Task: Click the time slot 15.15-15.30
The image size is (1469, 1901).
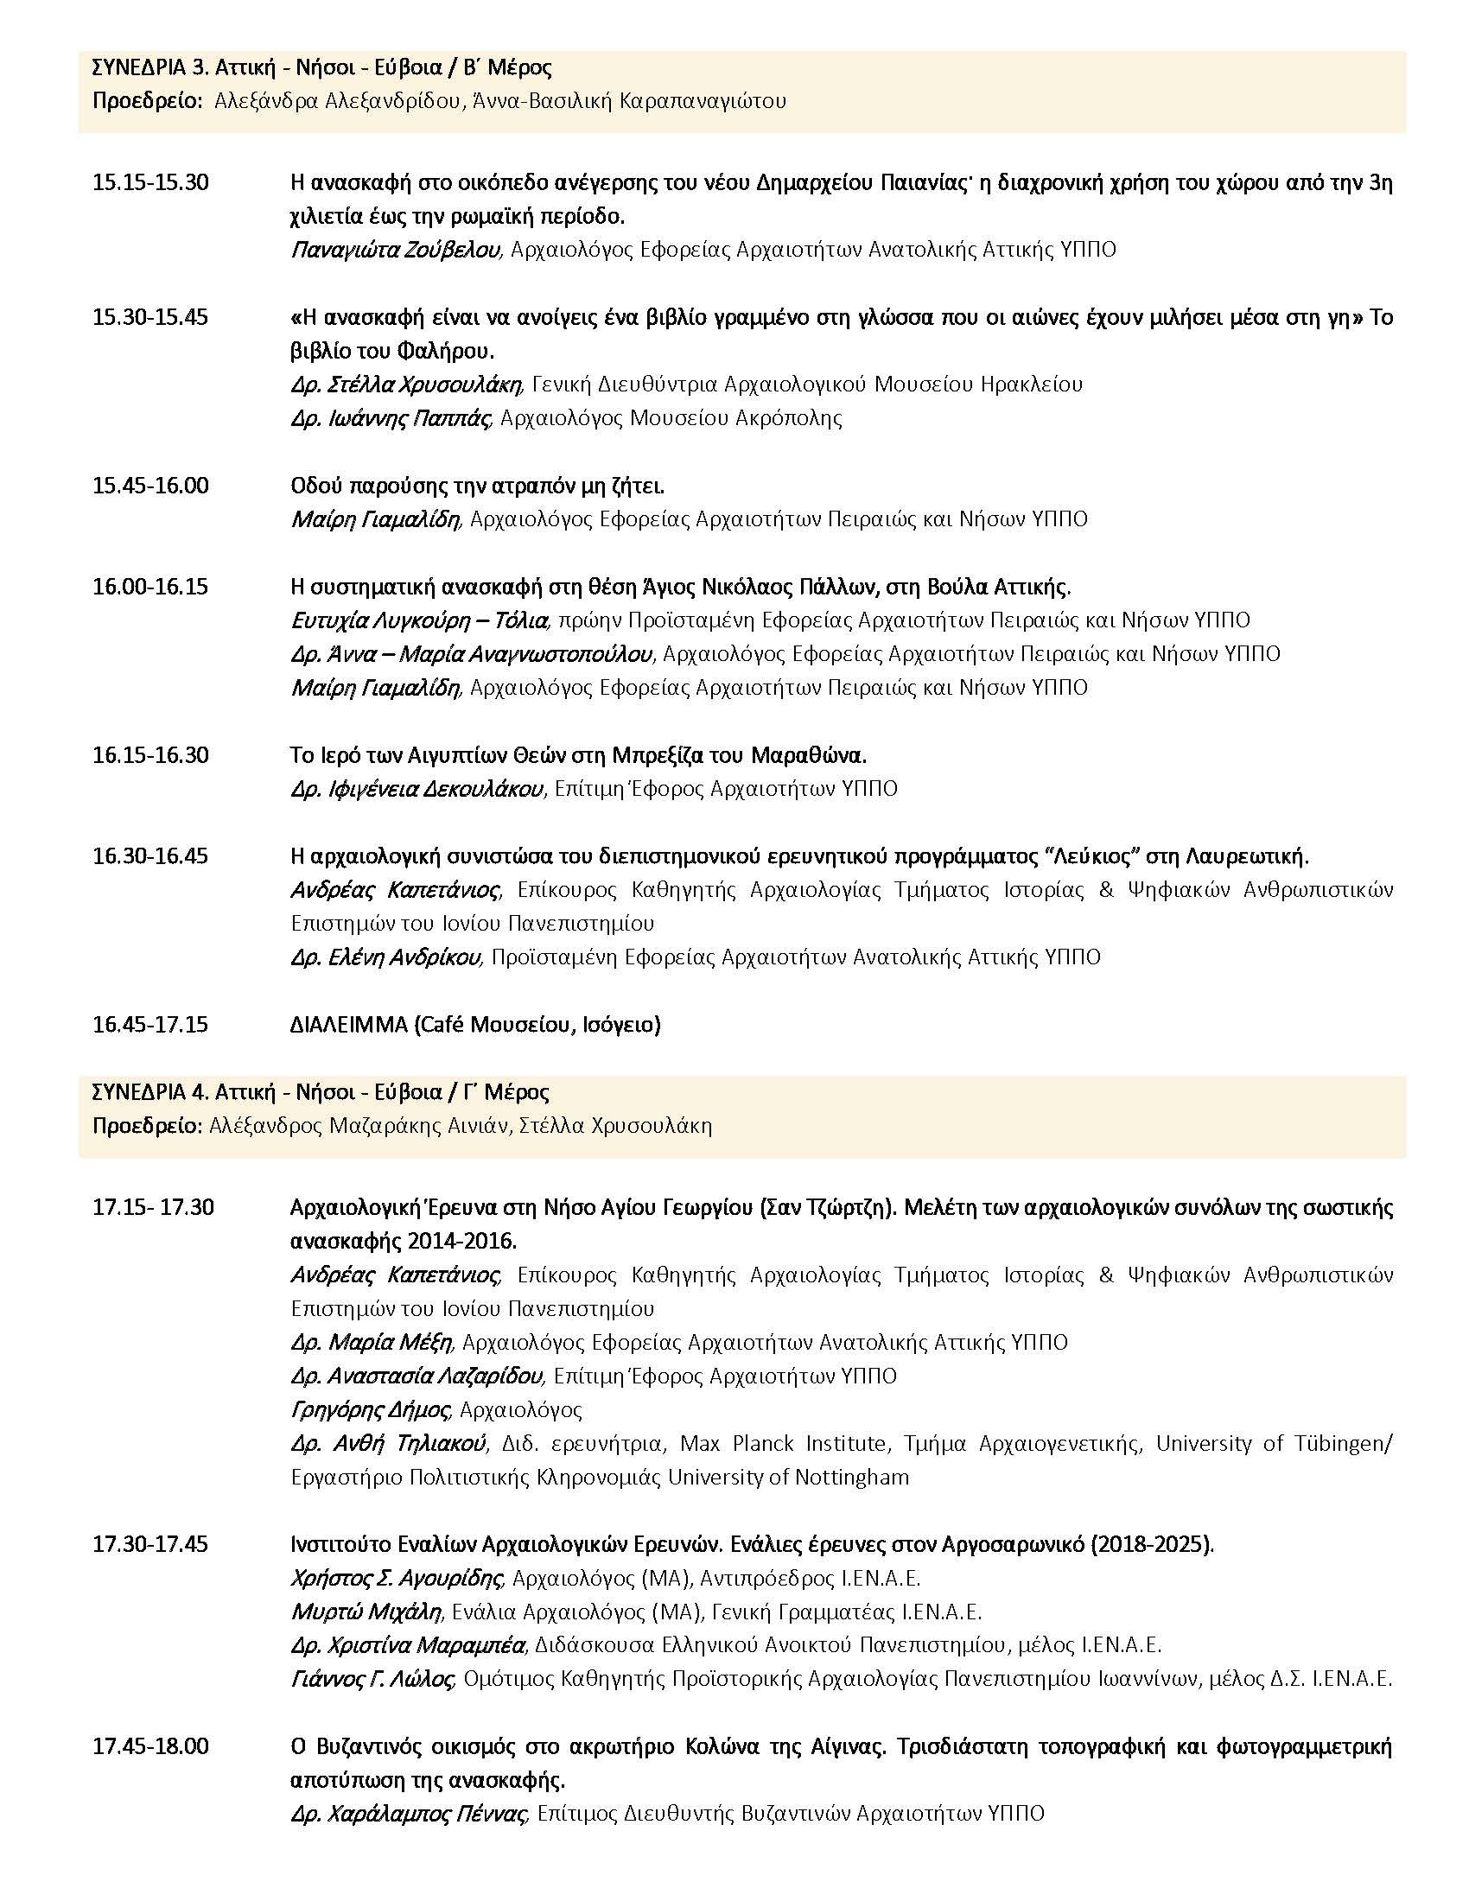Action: point(150,184)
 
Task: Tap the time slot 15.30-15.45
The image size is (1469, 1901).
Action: point(150,318)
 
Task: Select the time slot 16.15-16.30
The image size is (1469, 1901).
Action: point(150,754)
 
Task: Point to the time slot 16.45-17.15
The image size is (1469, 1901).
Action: point(150,1025)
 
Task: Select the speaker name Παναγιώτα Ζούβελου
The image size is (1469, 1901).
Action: point(395,251)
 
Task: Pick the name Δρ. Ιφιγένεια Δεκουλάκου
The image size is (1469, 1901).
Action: point(417,790)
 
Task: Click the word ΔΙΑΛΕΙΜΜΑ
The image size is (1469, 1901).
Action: point(349,1025)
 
